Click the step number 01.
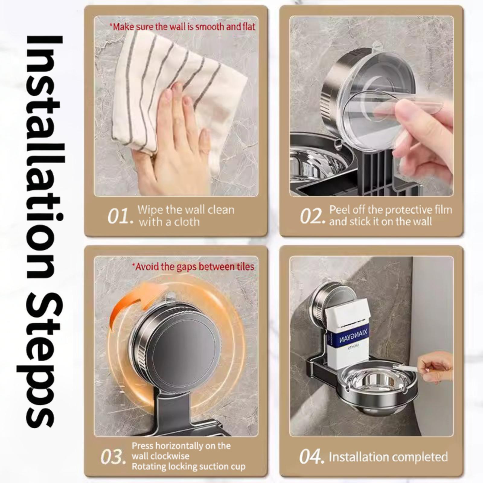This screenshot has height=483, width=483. [x=120, y=216]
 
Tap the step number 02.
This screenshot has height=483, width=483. [x=313, y=216]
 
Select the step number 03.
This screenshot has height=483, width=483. [x=113, y=457]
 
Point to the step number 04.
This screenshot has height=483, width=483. [x=312, y=457]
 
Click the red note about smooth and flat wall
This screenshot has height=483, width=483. [x=182, y=27]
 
